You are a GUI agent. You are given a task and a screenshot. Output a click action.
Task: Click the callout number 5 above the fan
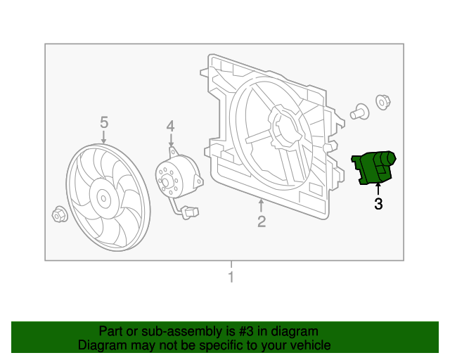pos(104,123)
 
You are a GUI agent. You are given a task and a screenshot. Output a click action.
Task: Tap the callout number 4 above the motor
pos(170,126)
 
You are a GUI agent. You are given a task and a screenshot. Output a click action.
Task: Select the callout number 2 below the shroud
pos(261,222)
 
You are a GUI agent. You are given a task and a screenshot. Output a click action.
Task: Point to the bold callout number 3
pos(378,204)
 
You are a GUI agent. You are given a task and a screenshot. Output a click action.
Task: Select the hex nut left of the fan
pos(59,214)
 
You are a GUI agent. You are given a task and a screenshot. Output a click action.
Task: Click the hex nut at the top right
pos(382,102)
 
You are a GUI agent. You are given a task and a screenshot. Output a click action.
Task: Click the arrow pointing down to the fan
pos(104,137)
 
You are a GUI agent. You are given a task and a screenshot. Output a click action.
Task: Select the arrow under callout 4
pos(170,140)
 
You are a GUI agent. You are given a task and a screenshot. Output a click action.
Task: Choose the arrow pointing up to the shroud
pos(261,205)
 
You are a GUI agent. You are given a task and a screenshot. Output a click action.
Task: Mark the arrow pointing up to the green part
pos(378,188)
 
